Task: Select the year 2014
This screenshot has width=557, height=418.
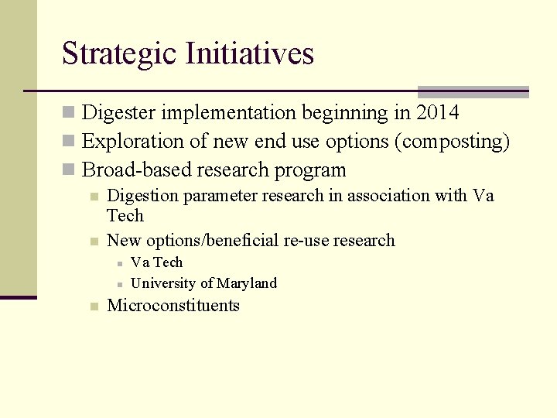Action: coord(437,113)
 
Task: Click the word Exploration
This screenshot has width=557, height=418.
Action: coord(127,142)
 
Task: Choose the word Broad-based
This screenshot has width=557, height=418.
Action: coord(128,170)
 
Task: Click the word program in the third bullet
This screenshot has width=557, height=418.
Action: coord(311,170)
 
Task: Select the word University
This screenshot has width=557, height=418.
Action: coord(164,283)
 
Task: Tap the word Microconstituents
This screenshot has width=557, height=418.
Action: coord(173,306)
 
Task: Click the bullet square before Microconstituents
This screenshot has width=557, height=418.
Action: coord(93,307)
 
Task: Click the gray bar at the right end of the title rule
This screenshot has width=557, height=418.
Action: coord(473,91)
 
